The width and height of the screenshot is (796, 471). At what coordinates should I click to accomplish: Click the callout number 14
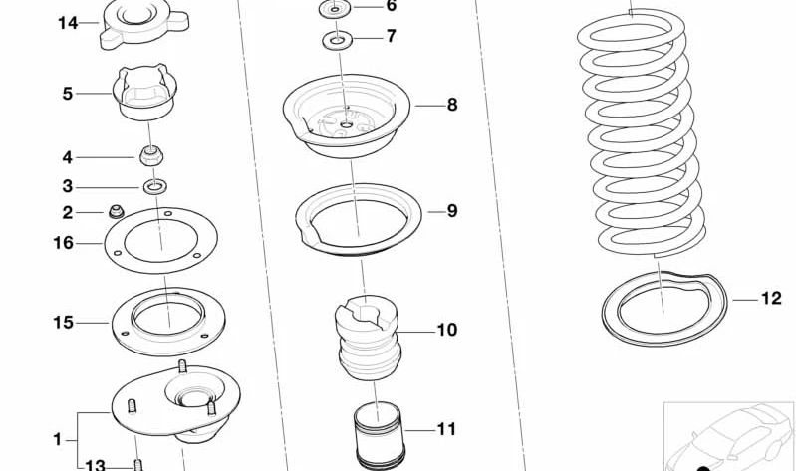pyautogui.click(x=68, y=23)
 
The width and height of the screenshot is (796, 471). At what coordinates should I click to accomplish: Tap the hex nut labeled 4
pyautogui.click(x=151, y=155)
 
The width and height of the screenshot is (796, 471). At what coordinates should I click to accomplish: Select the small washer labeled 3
pyautogui.click(x=155, y=187)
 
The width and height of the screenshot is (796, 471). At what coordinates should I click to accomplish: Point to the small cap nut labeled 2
pyautogui.click(x=117, y=211)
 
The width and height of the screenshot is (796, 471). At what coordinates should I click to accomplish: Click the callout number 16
pyautogui.click(x=64, y=243)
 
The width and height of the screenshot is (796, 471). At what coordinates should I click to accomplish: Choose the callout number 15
pyautogui.click(x=64, y=323)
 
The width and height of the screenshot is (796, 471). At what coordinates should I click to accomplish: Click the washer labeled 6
pyautogui.click(x=335, y=9)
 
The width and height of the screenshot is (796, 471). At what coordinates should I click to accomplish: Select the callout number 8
pyautogui.click(x=452, y=106)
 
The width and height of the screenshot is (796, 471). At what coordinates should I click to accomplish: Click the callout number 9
pyautogui.click(x=452, y=211)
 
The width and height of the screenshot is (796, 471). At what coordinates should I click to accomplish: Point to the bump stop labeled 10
pyautogui.click(x=369, y=339)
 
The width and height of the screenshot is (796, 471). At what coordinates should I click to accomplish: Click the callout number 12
pyautogui.click(x=771, y=298)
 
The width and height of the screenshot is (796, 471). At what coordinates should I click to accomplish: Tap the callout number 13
pyautogui.click(x=95, y=465)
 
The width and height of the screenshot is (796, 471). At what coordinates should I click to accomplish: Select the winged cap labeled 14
pyautogui.click(x=144, y=23)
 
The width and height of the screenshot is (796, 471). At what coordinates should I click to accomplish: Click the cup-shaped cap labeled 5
pyautogui.click(x=144, y=94)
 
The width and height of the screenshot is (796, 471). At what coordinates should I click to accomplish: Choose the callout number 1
pyautogui.click(x=58, y=439)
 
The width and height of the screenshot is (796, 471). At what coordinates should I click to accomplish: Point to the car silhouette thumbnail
pyautogui.click(x=729, y=436)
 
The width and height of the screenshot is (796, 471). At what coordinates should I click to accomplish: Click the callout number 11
pyautogui.click(x=446, y=429)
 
